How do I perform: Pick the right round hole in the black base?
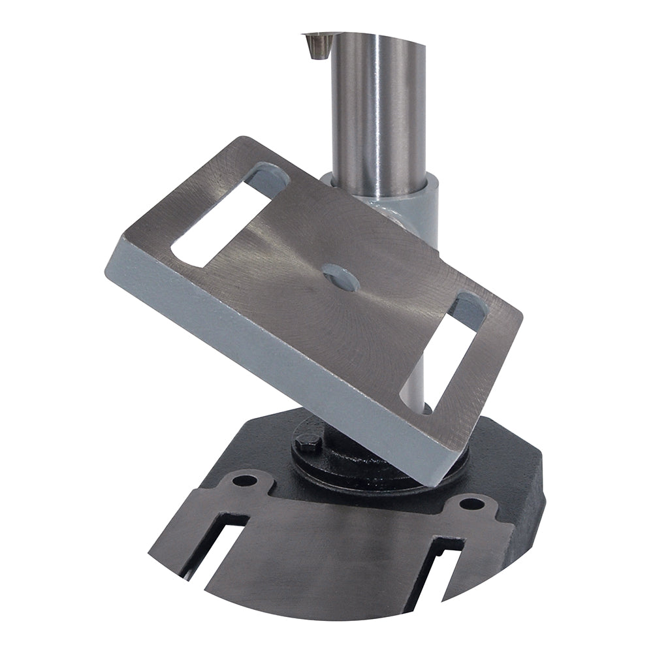[x=471, y=503]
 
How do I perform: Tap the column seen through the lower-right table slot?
[x=418, y=372]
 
